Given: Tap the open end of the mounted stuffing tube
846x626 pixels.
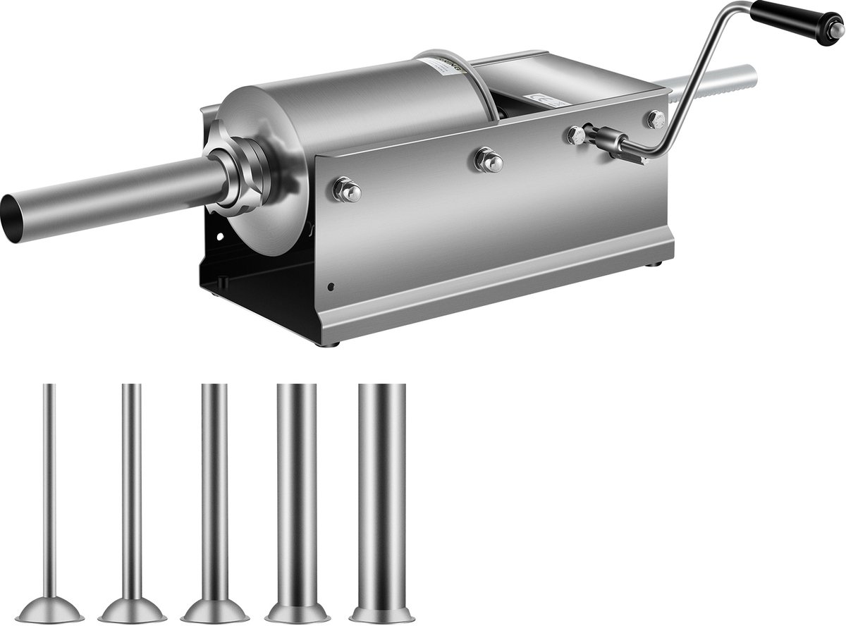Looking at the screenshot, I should [13, 219].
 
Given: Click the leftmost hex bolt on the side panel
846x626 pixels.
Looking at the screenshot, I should [348, 190].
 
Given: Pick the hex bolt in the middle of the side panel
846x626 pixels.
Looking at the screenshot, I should [489, 160].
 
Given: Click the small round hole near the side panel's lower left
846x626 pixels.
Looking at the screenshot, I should [331, 288].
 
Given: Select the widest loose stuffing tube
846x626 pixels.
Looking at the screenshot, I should [381, 493].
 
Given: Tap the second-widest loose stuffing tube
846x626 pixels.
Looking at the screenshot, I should [297, 493].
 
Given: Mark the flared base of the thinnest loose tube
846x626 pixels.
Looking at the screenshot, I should [49, 610].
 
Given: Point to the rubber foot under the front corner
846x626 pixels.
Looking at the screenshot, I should [332, 343].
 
